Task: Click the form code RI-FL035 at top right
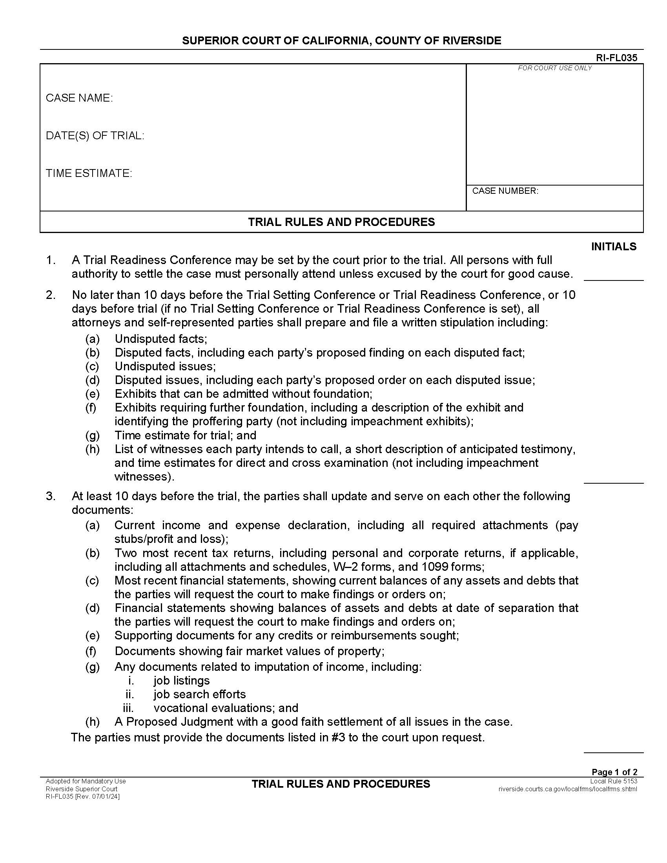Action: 616,58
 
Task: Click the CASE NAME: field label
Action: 79,98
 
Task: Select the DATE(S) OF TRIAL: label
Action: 95,136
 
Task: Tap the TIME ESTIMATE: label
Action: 89,173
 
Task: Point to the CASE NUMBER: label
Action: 505,191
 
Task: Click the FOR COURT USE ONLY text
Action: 554,68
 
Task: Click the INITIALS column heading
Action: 613,247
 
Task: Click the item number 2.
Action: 51,295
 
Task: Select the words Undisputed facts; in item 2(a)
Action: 161,339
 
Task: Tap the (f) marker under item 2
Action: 91,408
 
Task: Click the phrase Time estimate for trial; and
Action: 185,435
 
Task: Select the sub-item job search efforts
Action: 200,694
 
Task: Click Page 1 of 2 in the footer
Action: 614,772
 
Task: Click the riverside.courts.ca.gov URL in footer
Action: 567,789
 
